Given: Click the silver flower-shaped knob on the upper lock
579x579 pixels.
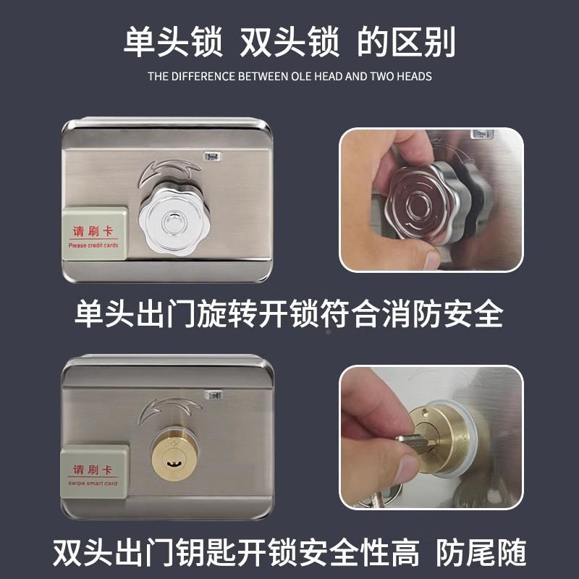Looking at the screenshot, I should tap(172, 216).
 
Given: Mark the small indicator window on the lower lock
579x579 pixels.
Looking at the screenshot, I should tap(214, 396).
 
